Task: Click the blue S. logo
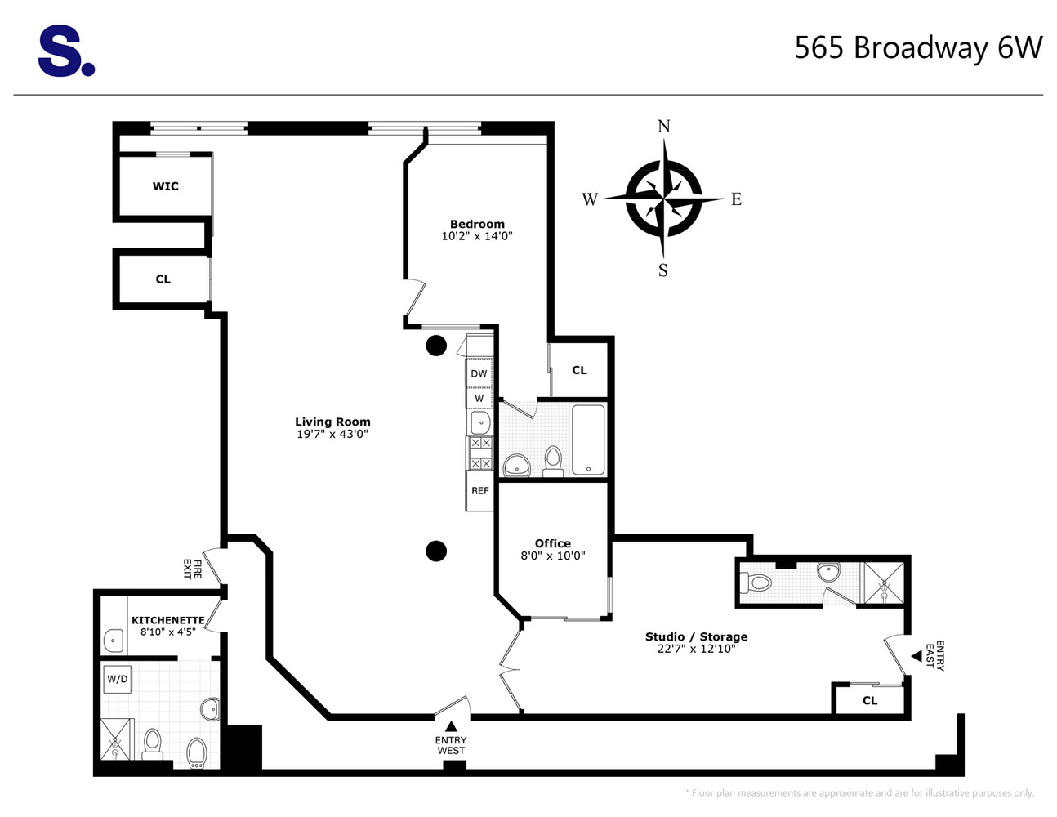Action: pos(65,51)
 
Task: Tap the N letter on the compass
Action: pos(663,126)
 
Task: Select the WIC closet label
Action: pos(165,186)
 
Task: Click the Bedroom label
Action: pos(477,224)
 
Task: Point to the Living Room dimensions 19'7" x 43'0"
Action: pos(332,435)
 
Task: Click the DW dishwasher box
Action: pos(479,373)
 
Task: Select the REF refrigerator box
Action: pos(479,491)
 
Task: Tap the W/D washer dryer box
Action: pos(117,679)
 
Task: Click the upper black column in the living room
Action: pos(436,346)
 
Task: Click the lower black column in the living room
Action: pos(436,551)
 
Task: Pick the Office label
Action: pos(552,543)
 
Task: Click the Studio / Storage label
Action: pos(696,636)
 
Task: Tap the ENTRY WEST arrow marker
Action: pos(451,726)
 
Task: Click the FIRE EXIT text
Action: pos(191,569)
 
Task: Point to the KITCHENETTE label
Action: pos(167,620)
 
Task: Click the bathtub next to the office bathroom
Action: pos(587,440)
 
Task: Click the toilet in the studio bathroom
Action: pos(757,583)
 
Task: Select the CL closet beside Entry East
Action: pos(869,700)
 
